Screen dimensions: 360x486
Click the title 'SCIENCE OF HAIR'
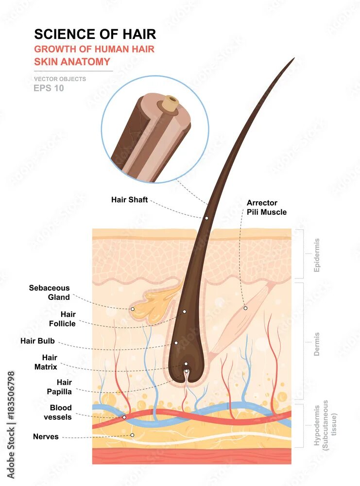coord(95,34)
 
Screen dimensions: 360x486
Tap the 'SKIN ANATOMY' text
coord(72,62)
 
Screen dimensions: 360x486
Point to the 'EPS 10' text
coord(49,88)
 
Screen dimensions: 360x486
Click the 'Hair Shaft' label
coord(129,200)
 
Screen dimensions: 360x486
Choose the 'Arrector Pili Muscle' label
coord(266,208)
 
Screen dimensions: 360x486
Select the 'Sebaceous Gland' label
coord(50,293)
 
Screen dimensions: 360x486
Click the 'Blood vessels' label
coord(58,412)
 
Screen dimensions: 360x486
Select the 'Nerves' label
coord(46,436)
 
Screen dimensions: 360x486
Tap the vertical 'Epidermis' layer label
coord(317,255)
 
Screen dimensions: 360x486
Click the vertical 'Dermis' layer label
coord(317,344)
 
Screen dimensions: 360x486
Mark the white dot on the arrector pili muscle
coord(245,308)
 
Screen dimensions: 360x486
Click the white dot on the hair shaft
coord(206,218)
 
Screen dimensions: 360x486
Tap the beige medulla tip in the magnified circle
coord(171,103)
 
